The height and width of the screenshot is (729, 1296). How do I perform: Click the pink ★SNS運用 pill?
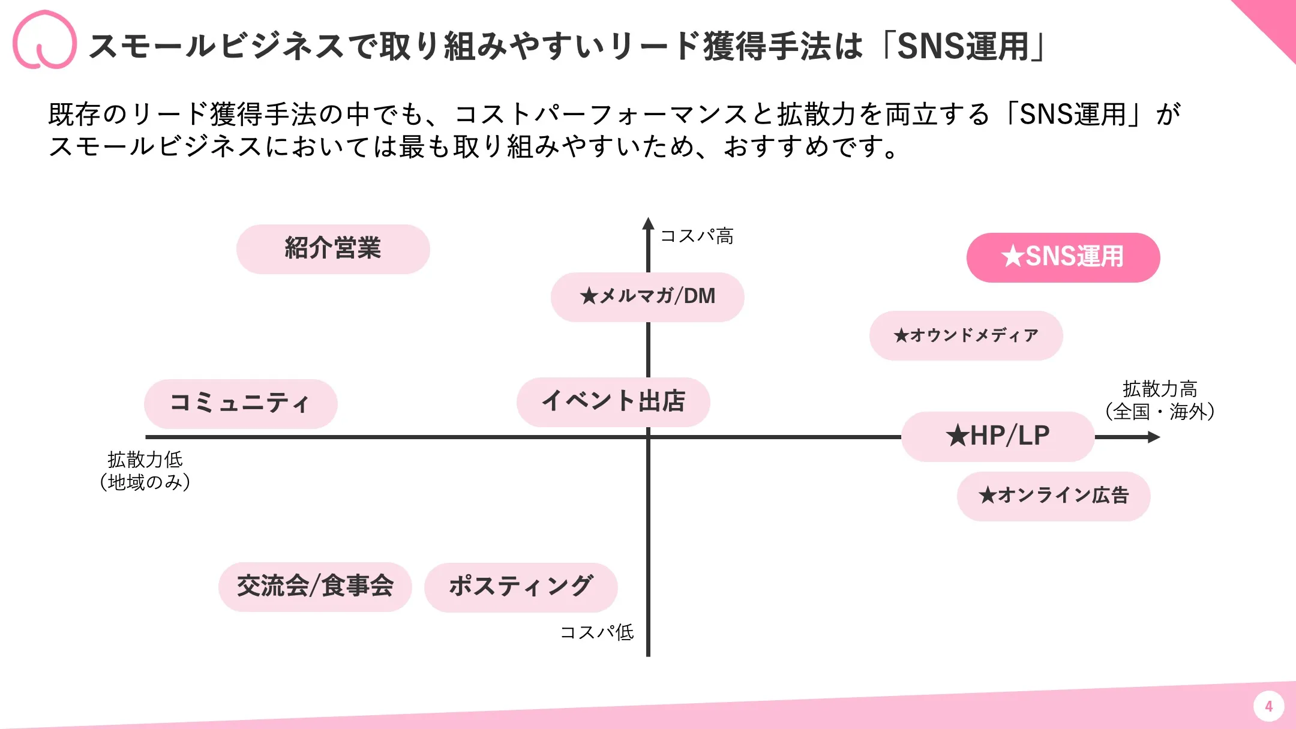pos(1063,257)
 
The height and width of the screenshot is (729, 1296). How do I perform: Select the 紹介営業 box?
pos(333,249)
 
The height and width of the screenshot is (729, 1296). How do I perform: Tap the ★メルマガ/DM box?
pos(647,297)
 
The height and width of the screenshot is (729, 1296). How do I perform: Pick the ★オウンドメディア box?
pos(966,335)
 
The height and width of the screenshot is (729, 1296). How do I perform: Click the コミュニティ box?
pos(241,403)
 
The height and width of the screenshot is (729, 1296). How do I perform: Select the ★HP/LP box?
pos(998,436)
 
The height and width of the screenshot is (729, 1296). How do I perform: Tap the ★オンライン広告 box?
pos(1054,496)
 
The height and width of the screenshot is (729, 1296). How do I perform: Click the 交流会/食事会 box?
pos(315,587)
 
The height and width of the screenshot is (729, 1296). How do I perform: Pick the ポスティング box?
pos(521,587)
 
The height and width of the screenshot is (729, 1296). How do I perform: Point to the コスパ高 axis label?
pos(697,236)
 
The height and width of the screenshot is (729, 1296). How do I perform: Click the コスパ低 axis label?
pos(596,632)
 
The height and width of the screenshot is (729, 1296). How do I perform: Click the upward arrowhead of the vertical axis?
pos(648,223)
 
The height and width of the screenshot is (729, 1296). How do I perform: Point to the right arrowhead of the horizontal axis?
pos(1154,437)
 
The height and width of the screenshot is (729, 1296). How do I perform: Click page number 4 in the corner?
pos(1268,706)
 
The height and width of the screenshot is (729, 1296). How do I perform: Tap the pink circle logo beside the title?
pos(44,41)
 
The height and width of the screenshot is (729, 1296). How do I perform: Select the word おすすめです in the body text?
pos(810,146)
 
